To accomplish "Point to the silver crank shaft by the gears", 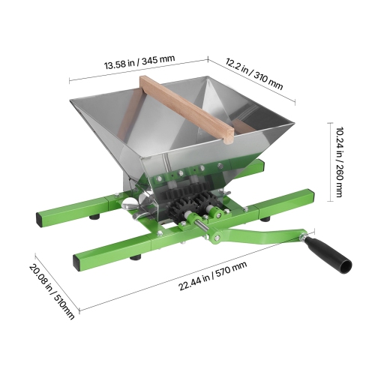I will (203, 226).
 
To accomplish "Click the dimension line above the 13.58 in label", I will (139, 73).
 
